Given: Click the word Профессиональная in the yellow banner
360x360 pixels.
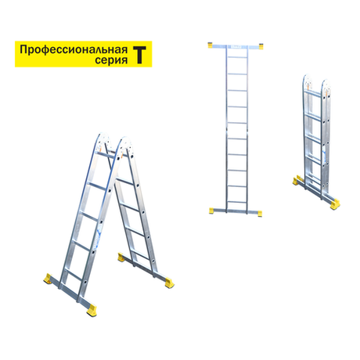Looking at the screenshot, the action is (x=74, y=49).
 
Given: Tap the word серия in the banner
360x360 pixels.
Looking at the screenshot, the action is (x=111, y=60).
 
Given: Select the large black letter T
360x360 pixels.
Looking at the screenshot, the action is (x=139, y=55).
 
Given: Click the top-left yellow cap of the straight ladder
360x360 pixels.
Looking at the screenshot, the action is (x=211, y=45).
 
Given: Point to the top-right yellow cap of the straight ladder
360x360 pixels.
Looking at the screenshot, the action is (x=261, y=46).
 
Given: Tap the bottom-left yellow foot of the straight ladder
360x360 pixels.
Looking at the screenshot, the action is (x=211, y=211).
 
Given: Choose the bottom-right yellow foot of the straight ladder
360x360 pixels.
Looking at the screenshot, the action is (x=260, y=214).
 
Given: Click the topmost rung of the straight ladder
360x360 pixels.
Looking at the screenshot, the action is (x=237, y=57).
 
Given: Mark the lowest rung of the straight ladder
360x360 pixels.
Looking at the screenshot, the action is (x=237, y=202).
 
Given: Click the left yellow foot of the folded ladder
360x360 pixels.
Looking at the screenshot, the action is (x=297, y=181).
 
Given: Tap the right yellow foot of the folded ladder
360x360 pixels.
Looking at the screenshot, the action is (x=335, y=204).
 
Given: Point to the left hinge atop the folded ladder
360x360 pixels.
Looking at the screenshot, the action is (x=307, y=81).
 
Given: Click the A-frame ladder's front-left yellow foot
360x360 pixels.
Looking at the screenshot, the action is (x=48, y=279).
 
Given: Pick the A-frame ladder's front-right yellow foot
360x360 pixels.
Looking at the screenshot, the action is (x=92, y=311).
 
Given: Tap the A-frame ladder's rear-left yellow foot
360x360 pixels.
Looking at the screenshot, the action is (x=121, y=257).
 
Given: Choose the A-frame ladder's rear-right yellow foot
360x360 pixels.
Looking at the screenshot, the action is (x=169, y=283).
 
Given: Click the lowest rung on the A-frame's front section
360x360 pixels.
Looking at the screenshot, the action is (x=74, y=275).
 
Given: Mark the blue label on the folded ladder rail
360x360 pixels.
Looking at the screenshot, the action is (x=325, y=154).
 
